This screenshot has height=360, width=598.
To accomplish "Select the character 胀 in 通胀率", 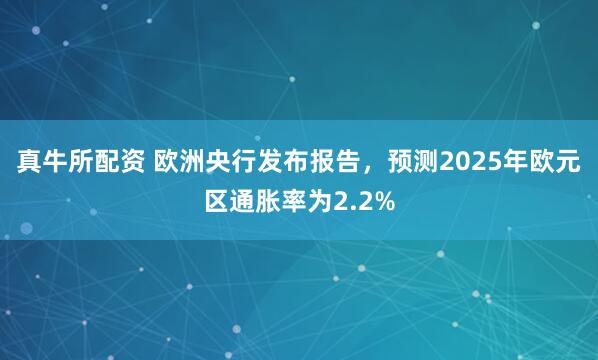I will click(x=269, y=201).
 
